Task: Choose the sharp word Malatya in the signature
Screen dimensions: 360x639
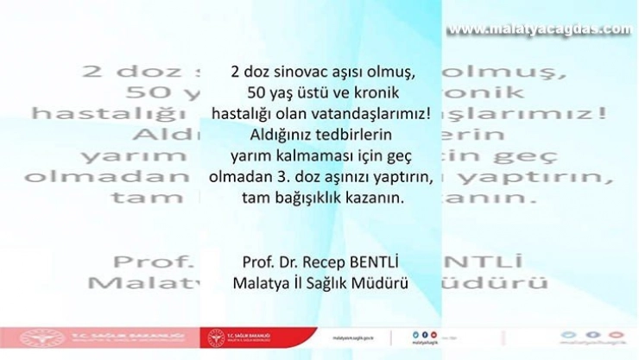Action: click(260, 282)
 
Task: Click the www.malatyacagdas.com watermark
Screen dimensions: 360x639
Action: click(539, 29)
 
